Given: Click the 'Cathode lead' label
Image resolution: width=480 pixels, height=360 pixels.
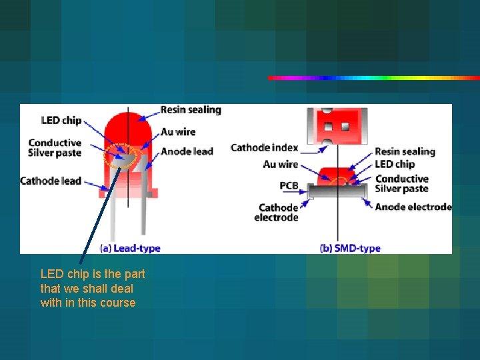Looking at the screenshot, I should tap(51, 181).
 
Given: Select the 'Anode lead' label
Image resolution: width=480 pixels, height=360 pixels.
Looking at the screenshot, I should tap(187, 151).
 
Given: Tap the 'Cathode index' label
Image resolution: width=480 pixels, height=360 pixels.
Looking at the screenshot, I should tap(264, 147).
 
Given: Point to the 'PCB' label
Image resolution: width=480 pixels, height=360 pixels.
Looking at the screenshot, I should tap(289, 185).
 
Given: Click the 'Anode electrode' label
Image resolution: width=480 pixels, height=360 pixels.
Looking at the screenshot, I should tap(413, 207).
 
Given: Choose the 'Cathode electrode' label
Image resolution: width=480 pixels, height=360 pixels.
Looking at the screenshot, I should tap(277, 213).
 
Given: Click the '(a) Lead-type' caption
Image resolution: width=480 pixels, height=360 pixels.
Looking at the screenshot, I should tap(130, 248).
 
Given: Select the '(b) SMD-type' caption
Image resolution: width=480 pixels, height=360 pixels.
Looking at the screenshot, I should tap(350, 248).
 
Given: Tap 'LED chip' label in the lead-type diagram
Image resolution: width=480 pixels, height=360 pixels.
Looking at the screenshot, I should tap(61, 120).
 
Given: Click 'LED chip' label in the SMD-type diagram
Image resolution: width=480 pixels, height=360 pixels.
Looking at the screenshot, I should tap(395, 164).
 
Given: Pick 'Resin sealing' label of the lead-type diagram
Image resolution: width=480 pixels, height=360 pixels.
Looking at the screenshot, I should tap(191, 109).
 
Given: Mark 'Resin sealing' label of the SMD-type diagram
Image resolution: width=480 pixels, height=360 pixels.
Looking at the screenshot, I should tap(405, 151).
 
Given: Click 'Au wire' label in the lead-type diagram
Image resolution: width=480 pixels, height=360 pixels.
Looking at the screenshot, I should tap(178, 132).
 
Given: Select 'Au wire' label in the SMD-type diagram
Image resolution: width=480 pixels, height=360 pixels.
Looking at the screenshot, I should tap(281, 164).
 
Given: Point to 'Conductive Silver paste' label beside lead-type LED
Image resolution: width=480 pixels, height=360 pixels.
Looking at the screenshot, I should tap(55, 148).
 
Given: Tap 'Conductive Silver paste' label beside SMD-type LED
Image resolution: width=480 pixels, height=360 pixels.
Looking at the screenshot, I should tap(401, 183).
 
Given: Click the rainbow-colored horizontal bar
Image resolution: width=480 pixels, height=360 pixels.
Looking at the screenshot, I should tap(373, 78).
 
